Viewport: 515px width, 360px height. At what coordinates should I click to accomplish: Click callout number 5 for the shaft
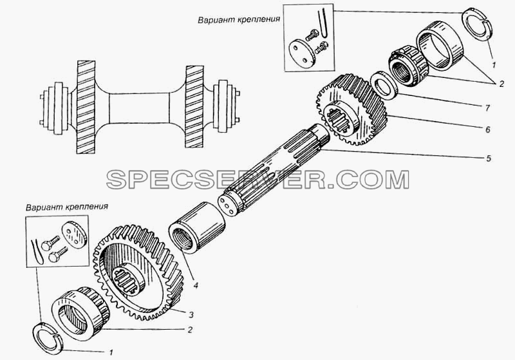click(489, 158)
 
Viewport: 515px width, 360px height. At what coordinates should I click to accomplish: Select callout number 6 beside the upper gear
click(488, 129)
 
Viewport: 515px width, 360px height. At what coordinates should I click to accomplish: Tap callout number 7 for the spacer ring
click(487, 108)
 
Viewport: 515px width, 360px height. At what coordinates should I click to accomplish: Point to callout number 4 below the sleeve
click(196, 285)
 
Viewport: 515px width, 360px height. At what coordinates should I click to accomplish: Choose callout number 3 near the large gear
click(191, 315)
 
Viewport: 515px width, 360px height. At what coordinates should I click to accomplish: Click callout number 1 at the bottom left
click(111, 353)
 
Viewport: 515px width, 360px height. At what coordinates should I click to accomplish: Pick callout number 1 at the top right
click(494, 65)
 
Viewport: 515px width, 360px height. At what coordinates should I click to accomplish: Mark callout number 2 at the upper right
click(501, 84)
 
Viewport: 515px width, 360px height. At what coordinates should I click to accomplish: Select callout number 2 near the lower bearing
click(190, 330)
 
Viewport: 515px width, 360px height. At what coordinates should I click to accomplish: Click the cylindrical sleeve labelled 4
click(196, 227)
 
